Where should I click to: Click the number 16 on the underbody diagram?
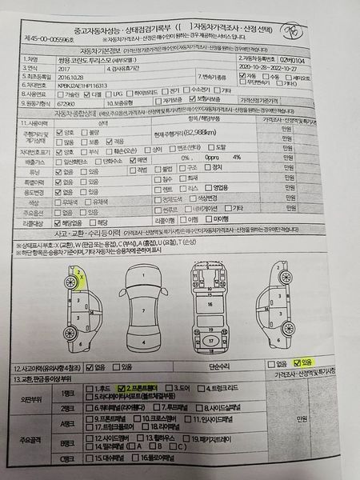tap(209, 305)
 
